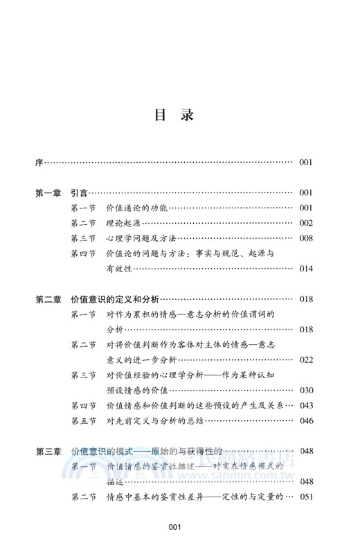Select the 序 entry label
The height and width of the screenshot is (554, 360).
pyautogui.click(x=39, y=163)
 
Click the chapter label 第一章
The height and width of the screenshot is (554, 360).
pyautogui.click(x=49, y=193)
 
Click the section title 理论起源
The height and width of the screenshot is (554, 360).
pyautogui.click(x=122, y=223)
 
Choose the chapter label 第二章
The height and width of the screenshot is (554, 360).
pyautogui.click(x=49, y=299)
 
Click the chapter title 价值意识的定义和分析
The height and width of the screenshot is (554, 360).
pyautogui.click(x=116, y=299)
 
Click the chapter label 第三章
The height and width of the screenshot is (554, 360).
pyautogui.click(x=49, y=451)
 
